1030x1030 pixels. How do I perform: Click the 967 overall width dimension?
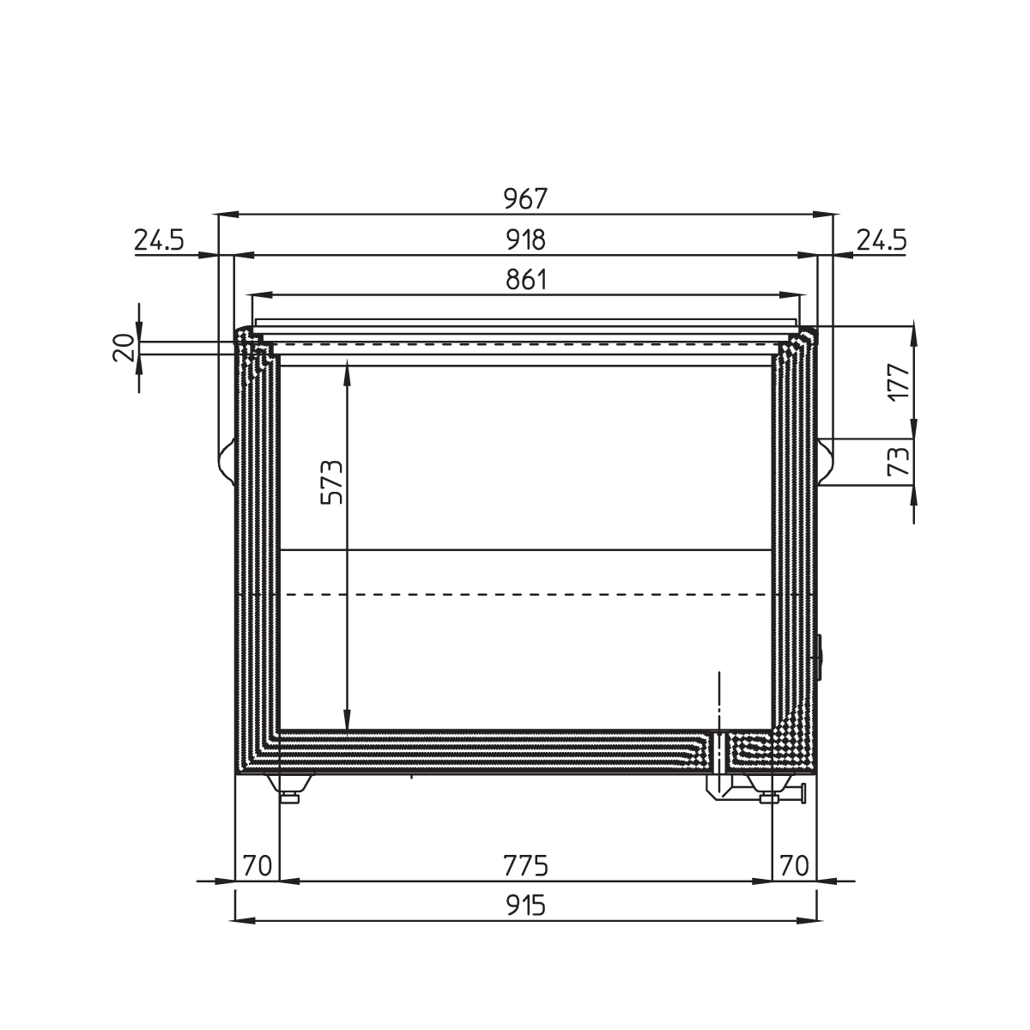[526, 198]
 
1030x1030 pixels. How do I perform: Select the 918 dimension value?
[526, 240]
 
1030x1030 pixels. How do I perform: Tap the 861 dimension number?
[526, 280]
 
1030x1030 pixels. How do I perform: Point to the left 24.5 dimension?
[160, 240]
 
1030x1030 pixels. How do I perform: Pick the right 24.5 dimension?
[882, 240]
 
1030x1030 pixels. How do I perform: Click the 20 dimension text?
[124, 348]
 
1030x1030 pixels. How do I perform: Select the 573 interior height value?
[331, 482]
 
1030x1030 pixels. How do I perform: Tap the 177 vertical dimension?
[898, 381]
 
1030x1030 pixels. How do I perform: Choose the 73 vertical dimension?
[898, 461]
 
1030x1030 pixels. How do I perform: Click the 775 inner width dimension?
[526, 866]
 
